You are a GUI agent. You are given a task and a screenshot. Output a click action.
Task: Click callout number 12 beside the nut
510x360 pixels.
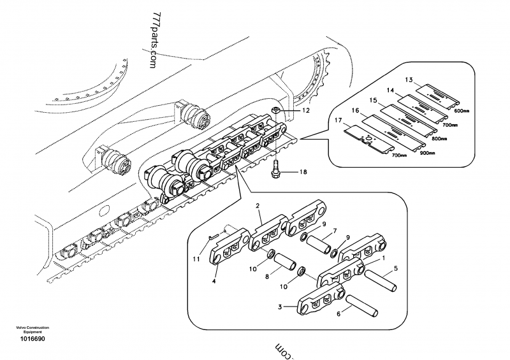[306, 111]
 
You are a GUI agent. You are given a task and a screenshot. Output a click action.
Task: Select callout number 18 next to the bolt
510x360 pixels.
[303, 172]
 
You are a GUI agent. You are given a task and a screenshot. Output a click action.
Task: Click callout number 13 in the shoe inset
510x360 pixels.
[409, 80]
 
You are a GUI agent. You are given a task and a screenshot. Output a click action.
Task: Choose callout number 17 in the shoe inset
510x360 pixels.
[338, 119]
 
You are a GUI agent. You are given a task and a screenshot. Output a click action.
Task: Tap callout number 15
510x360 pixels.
[374, 100]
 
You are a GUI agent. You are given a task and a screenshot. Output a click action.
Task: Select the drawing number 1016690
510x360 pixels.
[32, 338]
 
